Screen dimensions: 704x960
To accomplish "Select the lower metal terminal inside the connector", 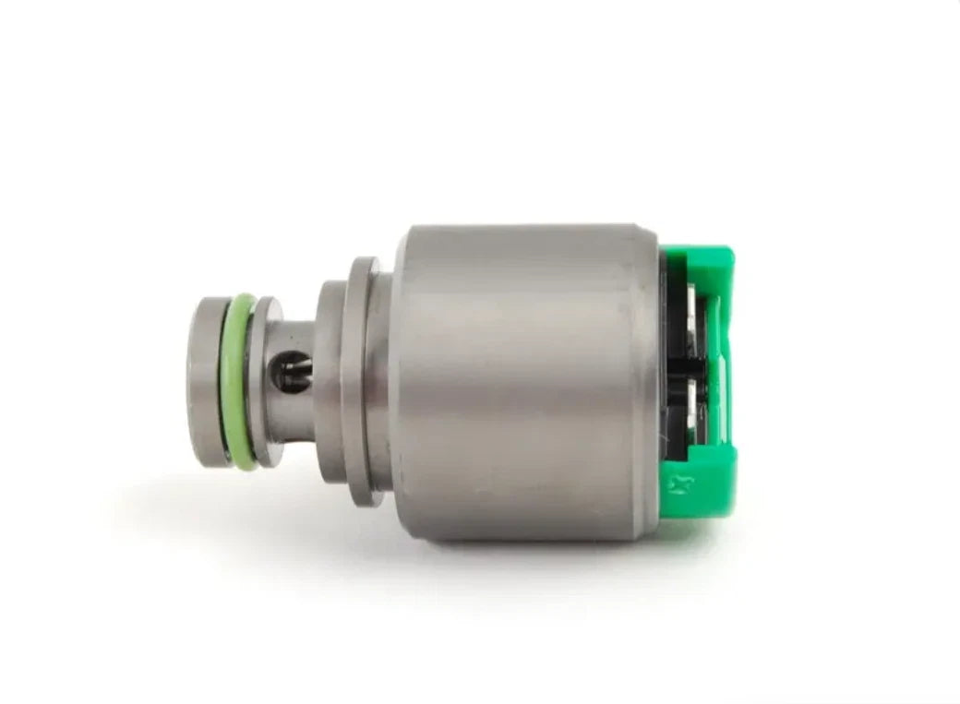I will pyautogui.click(x=697, y=406).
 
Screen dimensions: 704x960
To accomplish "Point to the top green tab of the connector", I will pyautogui.click(x=702, y=263).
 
